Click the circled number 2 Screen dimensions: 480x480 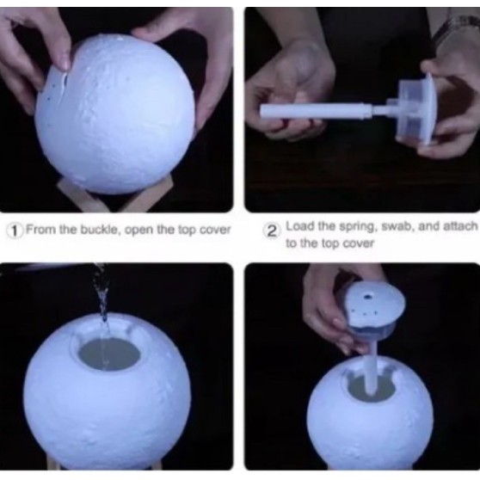click(271, 231)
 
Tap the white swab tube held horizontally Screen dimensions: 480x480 click(316, 112)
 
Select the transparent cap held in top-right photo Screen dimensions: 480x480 click(416, 109)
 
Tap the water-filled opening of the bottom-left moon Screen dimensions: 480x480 click(109, 354)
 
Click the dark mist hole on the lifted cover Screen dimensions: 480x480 click(368, 296)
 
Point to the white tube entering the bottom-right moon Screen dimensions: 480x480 click(372, 366)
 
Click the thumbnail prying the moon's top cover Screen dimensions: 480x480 click(65, 64)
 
